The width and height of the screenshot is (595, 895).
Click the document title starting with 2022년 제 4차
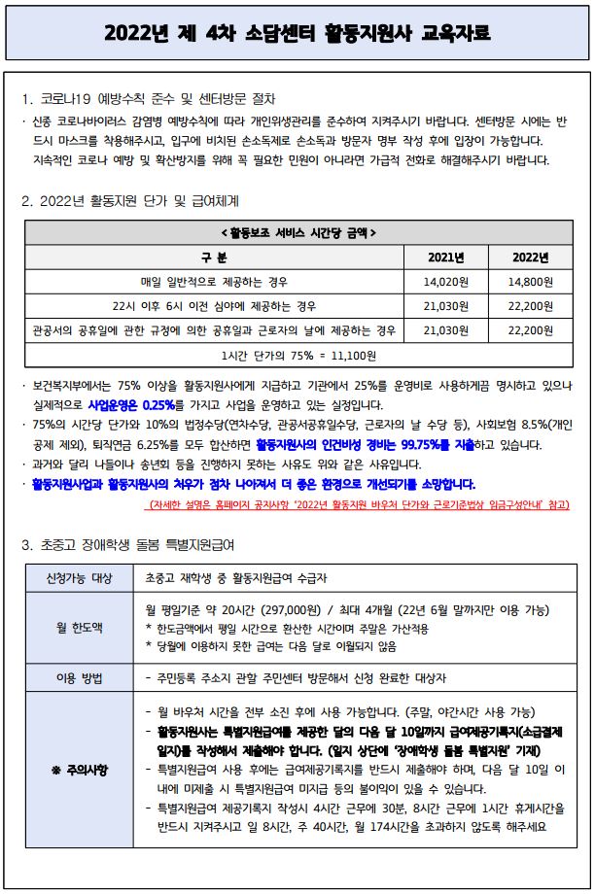(x=297, y=35)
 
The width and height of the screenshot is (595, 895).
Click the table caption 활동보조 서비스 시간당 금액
(x=297, y=233)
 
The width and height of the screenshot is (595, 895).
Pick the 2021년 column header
(x=448, y=258)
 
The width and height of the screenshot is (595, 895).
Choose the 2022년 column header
(x=530, y=258)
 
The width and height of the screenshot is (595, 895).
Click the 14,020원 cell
(x=448, y=282)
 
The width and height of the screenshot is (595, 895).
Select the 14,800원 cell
(x=530, y=282)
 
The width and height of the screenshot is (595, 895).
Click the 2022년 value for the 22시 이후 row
(x=530, y=306)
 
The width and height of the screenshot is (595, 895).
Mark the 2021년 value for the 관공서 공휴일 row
(x=448, y=330)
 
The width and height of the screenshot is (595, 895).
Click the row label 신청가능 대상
(x=80, y=578)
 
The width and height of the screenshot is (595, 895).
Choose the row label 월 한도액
(x=80, y=628)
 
